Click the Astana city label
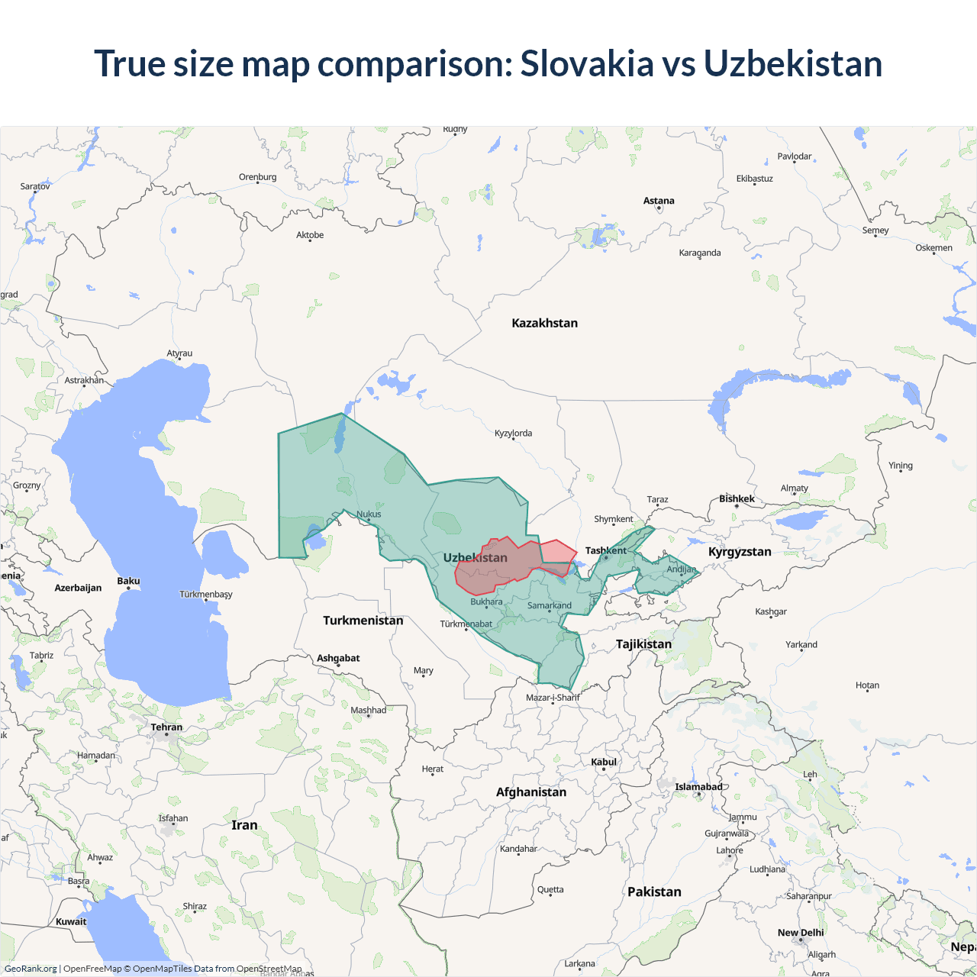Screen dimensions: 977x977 [659, 201]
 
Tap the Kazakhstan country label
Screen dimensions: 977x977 [544, 323]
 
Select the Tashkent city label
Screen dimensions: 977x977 [605, 550]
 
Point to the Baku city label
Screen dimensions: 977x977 [128, 581]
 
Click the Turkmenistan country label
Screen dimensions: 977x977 [363, 621]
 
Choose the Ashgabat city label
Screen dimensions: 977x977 [338, 658]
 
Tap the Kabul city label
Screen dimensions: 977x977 [604, 762]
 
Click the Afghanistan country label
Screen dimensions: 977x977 [531, 792]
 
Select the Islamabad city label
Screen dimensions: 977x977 [698, 787]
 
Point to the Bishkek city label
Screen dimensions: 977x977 [737, 498]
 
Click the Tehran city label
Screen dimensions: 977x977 [166, 727]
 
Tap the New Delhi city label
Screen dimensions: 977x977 [801, 933]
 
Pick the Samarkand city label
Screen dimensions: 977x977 [550, 605]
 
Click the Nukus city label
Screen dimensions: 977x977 [369, 514]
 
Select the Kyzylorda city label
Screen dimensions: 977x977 [513, 433]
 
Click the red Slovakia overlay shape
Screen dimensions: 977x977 [504, 565]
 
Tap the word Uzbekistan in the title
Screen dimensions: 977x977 [792, 63]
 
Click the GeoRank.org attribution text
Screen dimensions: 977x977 [31, 969]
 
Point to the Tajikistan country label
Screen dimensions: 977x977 [643, 644]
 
